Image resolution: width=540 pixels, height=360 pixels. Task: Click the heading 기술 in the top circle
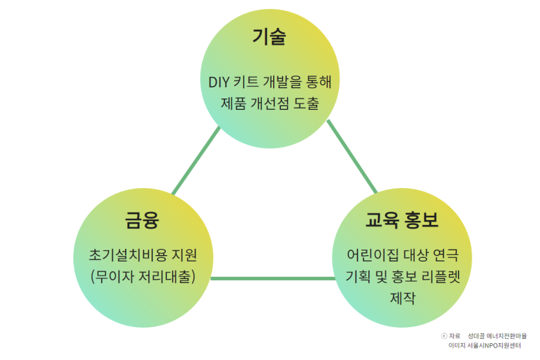269,37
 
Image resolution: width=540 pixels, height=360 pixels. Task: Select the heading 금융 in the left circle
142,221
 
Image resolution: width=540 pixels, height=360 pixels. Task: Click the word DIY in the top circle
220,81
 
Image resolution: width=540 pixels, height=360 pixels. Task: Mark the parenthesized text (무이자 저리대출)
143,275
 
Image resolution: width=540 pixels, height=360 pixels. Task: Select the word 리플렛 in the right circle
446,275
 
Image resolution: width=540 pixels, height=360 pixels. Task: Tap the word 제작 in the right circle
403,298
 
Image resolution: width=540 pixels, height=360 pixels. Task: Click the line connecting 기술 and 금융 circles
196,161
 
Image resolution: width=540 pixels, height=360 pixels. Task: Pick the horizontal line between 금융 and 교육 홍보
272,279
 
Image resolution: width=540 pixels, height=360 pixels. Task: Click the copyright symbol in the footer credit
445,336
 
